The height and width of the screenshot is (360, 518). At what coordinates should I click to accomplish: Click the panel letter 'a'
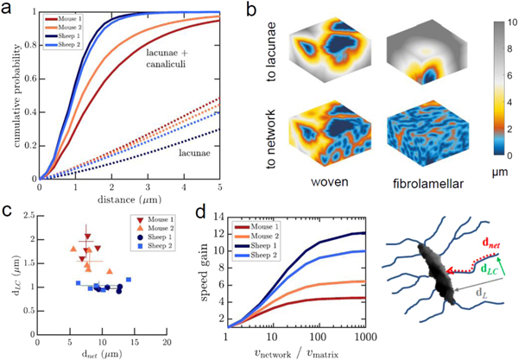coord(9,9)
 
